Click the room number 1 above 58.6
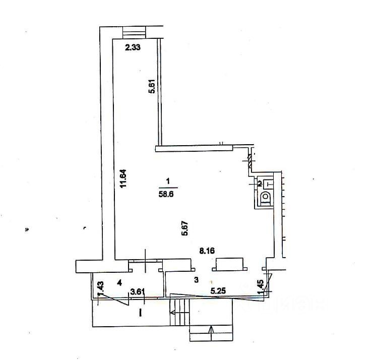click(x=167, y=181)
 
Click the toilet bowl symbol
click(x=265, y=200)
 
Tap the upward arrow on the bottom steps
click(x=210, y=331)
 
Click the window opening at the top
click(x=134, y=31)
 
